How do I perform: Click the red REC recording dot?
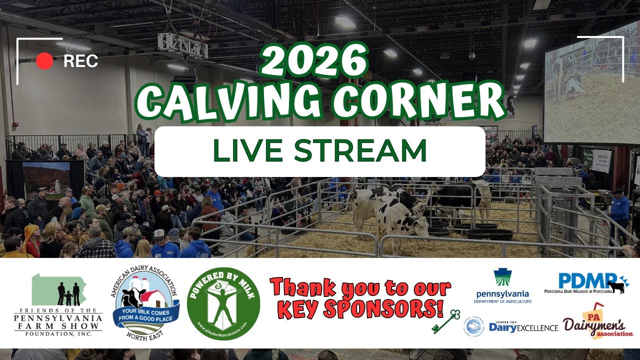pyautogui.click(x=44, y=61)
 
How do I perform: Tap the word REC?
pyautogui.click(x=80, y=61)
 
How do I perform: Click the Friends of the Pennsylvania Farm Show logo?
pyautogui.click(x=58, y=305)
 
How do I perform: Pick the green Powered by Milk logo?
pyautogui.click(x=223, y=303)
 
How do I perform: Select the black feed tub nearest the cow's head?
pyautogui.click(x=439, y=231)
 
